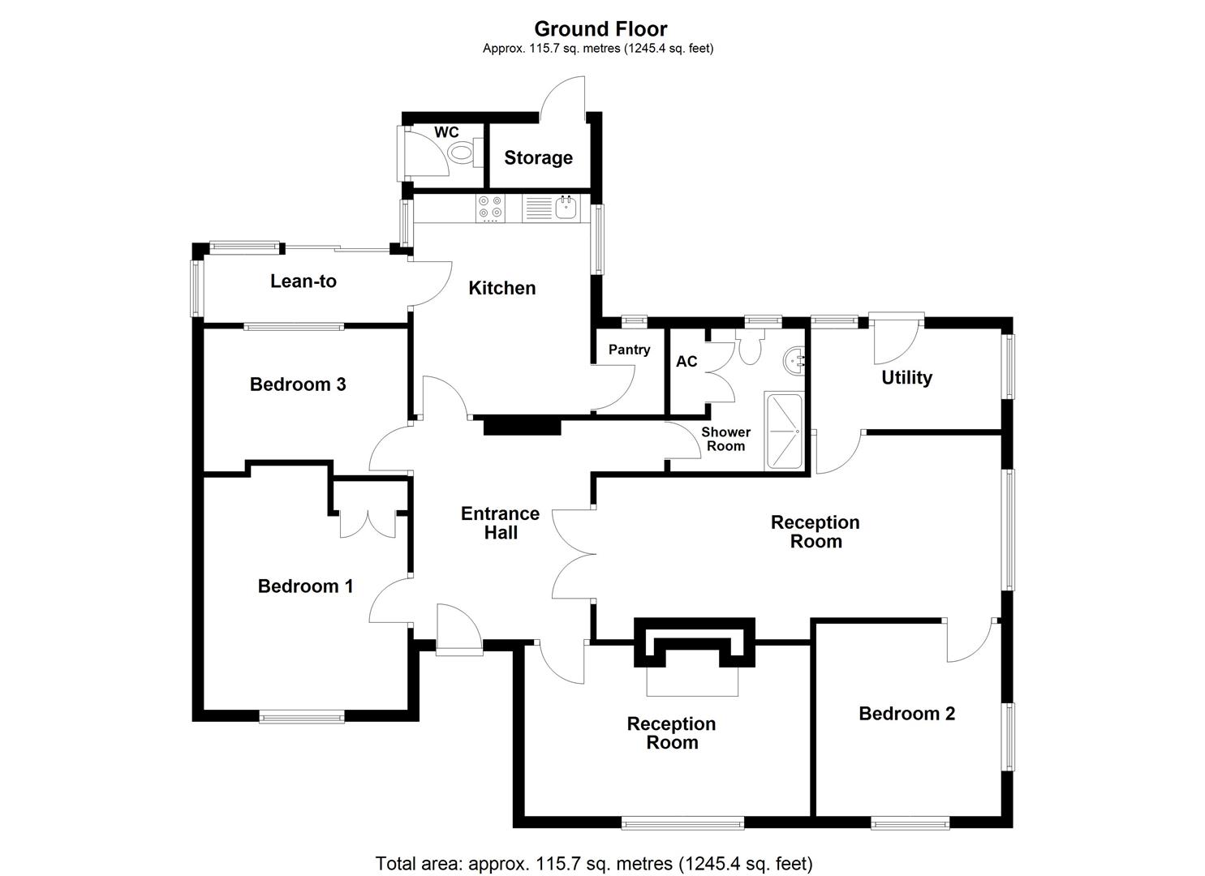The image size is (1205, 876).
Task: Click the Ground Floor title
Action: [x=600, y=29]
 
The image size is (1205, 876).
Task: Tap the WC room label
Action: [x=446, y=132]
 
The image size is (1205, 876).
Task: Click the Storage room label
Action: [x=538, y=157]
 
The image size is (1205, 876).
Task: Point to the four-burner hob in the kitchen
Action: [x=489, y=208]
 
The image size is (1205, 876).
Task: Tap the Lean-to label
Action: [x=303, y=281]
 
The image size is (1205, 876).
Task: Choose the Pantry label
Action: [x=629, y=350]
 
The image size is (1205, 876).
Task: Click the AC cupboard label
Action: [x=686, y=361]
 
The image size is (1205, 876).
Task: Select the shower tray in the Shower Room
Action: [x=783, y=432]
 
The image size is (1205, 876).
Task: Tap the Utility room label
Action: [x=906, y=377]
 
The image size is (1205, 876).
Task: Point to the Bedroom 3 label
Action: [x=298, y=384]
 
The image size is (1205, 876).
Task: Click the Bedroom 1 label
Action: [x=305, y=586]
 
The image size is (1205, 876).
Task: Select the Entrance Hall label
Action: [x=500, y=523]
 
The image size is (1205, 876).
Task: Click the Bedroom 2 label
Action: [x=906, y=713]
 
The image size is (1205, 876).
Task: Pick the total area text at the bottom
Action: [x=593, y=863]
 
